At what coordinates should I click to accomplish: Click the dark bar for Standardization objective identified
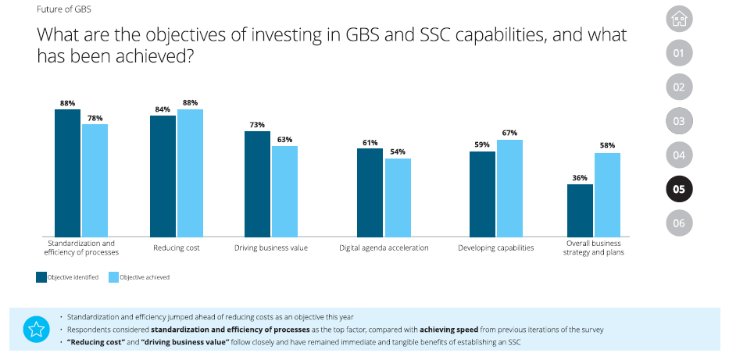67,173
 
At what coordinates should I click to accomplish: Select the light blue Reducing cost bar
190,173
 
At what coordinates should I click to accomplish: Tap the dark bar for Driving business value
257,184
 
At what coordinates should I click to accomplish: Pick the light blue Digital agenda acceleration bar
398,197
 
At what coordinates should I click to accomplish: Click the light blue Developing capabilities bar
509,187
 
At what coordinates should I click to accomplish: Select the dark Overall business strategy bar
580,210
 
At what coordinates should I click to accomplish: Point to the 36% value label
580,178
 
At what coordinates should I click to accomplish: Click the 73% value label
257,125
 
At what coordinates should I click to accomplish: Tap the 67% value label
509,133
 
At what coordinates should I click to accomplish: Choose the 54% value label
398,151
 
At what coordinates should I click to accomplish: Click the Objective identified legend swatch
41,276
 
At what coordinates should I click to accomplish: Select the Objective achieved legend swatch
113,276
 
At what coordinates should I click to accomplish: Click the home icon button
678,20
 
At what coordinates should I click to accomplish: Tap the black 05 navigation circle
678,189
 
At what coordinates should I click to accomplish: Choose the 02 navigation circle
678,87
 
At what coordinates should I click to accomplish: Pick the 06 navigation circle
678,223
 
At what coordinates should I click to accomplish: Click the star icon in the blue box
35,329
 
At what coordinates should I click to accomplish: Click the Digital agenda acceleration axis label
384,248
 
